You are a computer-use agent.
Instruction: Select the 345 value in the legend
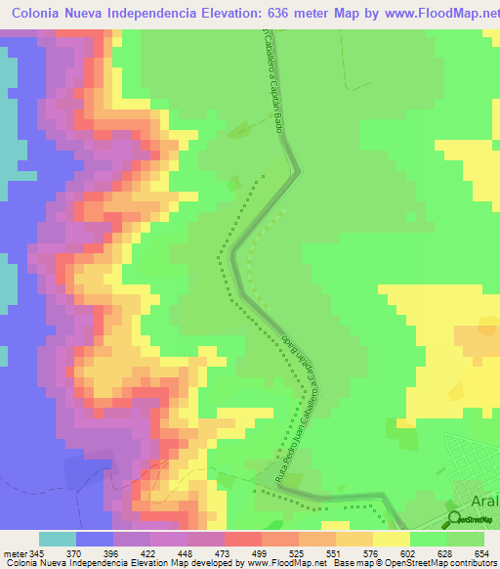click(x=39, y=552)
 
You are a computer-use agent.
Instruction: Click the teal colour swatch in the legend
click(x=58, y=539)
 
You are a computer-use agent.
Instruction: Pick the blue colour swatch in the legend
click(x=95, y=539)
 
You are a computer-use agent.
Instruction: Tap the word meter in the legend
click(x=14, y=552)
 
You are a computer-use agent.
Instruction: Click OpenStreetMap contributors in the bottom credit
click(x=448, y=563)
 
